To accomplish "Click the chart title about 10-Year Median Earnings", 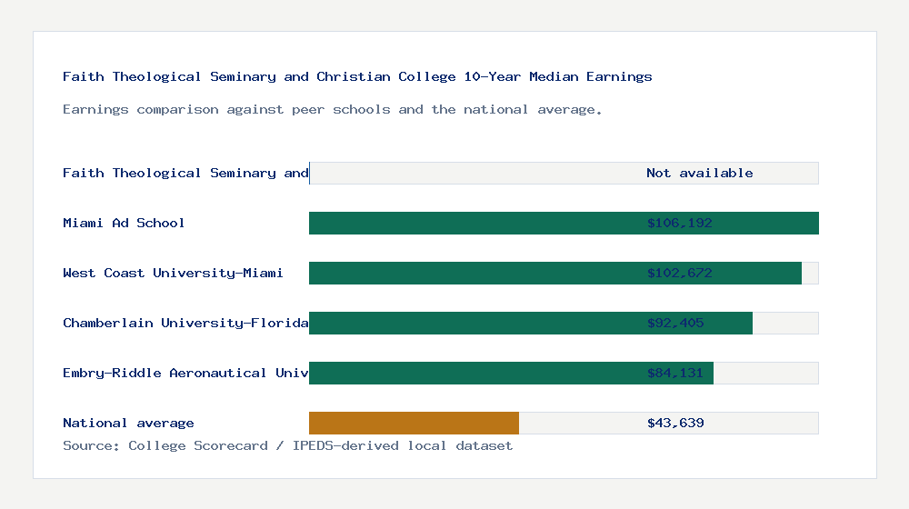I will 357,76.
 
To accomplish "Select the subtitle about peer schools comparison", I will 333,109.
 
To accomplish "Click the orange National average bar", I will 414,423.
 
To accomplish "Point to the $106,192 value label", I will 679,223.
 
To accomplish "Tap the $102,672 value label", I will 679,273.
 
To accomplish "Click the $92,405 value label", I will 675,323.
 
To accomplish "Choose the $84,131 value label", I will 675,373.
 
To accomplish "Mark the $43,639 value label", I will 675,423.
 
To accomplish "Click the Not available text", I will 699,173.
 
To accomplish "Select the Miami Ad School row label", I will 124,223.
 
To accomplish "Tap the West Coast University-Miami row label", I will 173,273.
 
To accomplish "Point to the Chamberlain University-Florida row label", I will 185,323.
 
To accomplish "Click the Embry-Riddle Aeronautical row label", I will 185,373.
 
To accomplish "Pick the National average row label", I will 128,423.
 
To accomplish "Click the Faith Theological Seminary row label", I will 185,173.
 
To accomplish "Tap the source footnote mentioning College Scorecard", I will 287,445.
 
